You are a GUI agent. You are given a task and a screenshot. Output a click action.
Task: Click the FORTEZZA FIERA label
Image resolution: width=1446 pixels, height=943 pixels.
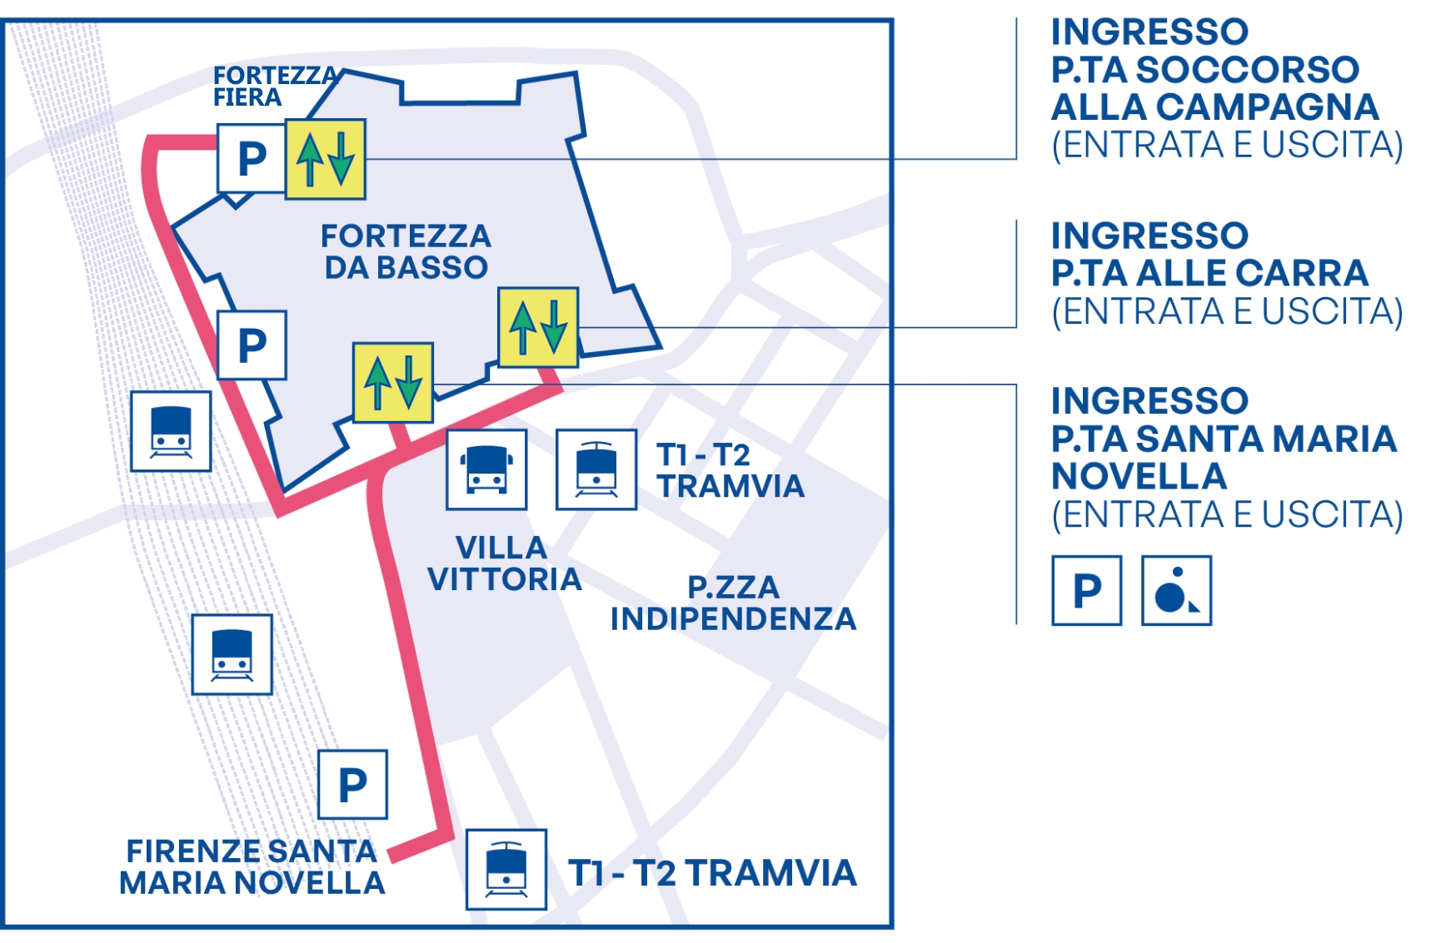275,87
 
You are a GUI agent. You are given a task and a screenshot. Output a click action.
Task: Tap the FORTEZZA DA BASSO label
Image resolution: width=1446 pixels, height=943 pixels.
406,251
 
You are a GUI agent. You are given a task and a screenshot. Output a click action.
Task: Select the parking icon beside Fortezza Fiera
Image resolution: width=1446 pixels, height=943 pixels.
252,159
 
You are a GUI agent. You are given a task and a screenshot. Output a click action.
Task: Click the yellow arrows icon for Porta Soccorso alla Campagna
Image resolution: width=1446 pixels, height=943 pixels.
326,159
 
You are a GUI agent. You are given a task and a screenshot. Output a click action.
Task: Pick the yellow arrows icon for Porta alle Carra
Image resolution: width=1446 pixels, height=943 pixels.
538,327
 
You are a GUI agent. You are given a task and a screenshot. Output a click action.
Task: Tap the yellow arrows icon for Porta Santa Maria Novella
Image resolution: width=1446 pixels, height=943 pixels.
392,382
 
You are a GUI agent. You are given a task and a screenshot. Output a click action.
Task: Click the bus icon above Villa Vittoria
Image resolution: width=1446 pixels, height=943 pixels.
486,469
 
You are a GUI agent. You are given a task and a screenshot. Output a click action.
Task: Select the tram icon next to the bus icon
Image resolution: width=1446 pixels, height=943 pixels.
596,469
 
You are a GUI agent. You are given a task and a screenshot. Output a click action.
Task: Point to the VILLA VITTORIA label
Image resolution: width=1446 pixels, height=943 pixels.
503,563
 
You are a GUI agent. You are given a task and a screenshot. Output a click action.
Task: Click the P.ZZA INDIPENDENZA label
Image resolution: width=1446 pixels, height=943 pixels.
733,603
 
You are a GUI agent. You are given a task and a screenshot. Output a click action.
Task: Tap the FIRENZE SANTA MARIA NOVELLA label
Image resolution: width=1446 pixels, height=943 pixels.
252,866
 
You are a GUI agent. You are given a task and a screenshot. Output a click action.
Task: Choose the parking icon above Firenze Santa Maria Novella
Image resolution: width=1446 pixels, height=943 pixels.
352,785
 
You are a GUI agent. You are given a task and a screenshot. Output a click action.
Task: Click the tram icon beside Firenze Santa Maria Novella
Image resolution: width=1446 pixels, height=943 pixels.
506,870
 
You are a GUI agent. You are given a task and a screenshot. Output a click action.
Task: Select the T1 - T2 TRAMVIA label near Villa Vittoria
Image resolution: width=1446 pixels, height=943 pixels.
730,470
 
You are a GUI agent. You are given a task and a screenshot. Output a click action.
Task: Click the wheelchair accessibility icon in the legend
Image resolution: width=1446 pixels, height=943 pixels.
1176,591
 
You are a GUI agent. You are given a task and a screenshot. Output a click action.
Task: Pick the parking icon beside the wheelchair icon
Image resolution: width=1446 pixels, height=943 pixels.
1086,591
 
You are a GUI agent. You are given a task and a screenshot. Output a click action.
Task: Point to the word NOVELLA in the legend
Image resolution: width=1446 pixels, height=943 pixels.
1139,477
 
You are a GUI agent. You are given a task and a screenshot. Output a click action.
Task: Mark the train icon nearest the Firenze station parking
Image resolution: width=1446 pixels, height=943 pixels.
232,654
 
